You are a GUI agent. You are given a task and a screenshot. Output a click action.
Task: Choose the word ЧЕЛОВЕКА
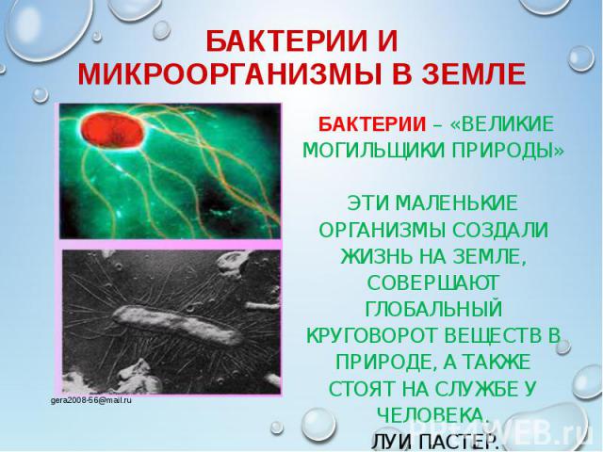tap(432, 414)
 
